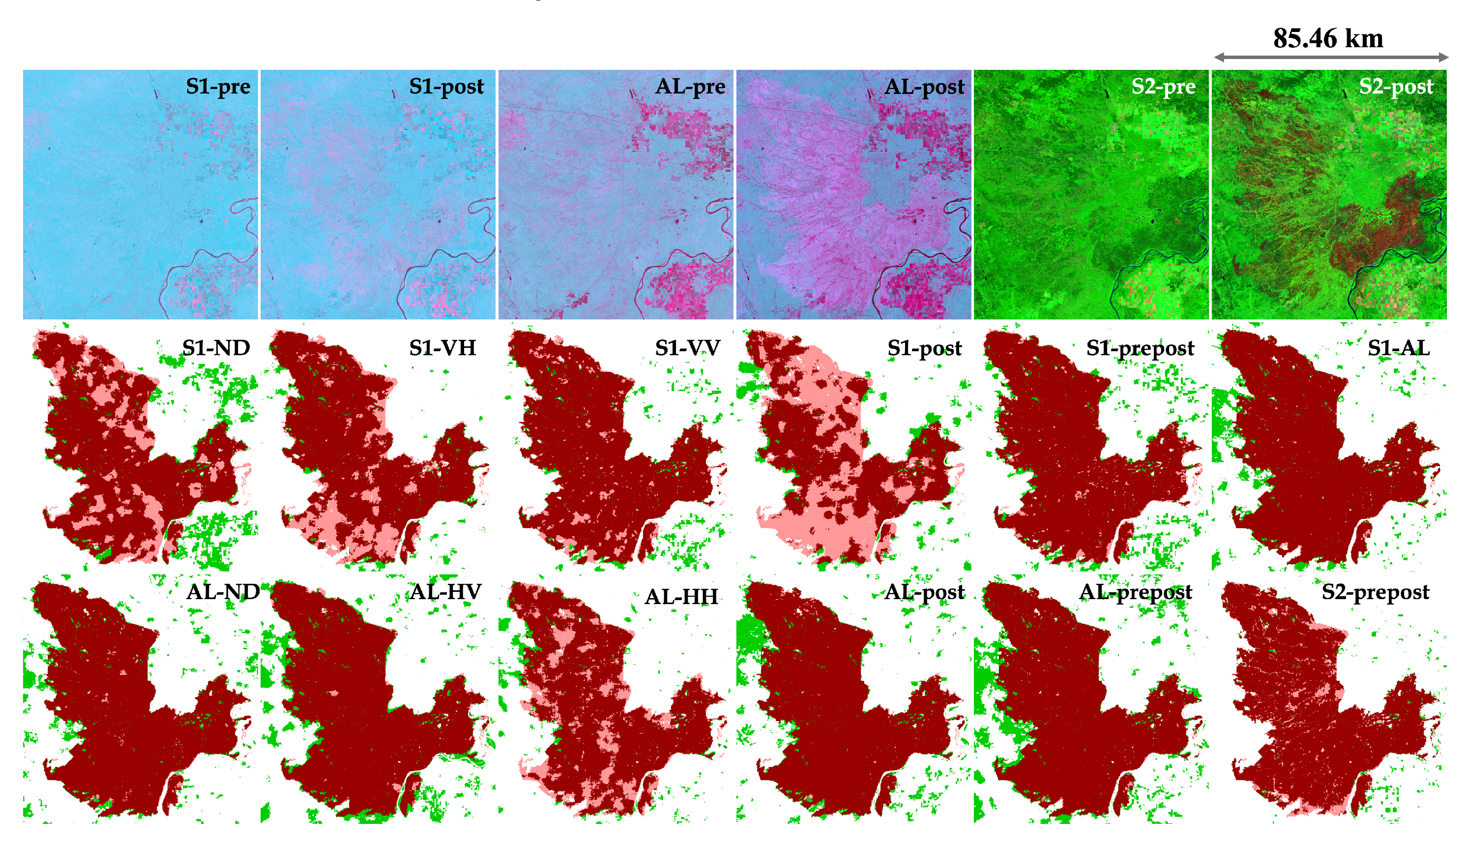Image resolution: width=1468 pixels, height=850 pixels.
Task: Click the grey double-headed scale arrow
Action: pyautogui.click(x=1330, y=57)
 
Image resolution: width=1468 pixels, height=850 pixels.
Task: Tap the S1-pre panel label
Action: pyautogui.click(x=218, y=86)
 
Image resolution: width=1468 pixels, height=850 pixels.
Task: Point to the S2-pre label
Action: pyautogui.click(x=1163, y=86)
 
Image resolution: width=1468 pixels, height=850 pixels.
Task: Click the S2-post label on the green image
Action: pyautogui.click(x=1396, y=86)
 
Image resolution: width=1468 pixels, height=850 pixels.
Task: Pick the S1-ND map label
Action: pyautogui.click(x=216, y=348)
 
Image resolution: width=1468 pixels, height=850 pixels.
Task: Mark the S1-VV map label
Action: pyautogui.click(x=687, y=348)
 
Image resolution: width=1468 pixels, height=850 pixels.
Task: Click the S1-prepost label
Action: pyautogui.click(x=1140, y=348)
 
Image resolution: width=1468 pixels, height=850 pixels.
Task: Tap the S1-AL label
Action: pyautogui.click(x=1398, y=348)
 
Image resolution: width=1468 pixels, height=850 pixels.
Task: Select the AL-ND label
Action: pyautogui.click(x=223, y=592)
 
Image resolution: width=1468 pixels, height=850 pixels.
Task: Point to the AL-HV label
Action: pyautogui.click(x=445, y=592)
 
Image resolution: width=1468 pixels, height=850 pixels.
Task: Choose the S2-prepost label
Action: pyautogui.click(x=1375, y=592)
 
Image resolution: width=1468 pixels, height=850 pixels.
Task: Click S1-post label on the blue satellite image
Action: pyautogui.click(x=446, y=86)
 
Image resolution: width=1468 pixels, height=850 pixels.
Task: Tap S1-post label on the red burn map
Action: pyautogui.click(x=924, y=348)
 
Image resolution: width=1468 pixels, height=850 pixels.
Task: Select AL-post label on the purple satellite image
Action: pyautogui.click(x=924, y=86)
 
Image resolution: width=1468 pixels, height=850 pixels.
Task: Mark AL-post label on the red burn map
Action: pyautogui.click(x=924, y=592)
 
